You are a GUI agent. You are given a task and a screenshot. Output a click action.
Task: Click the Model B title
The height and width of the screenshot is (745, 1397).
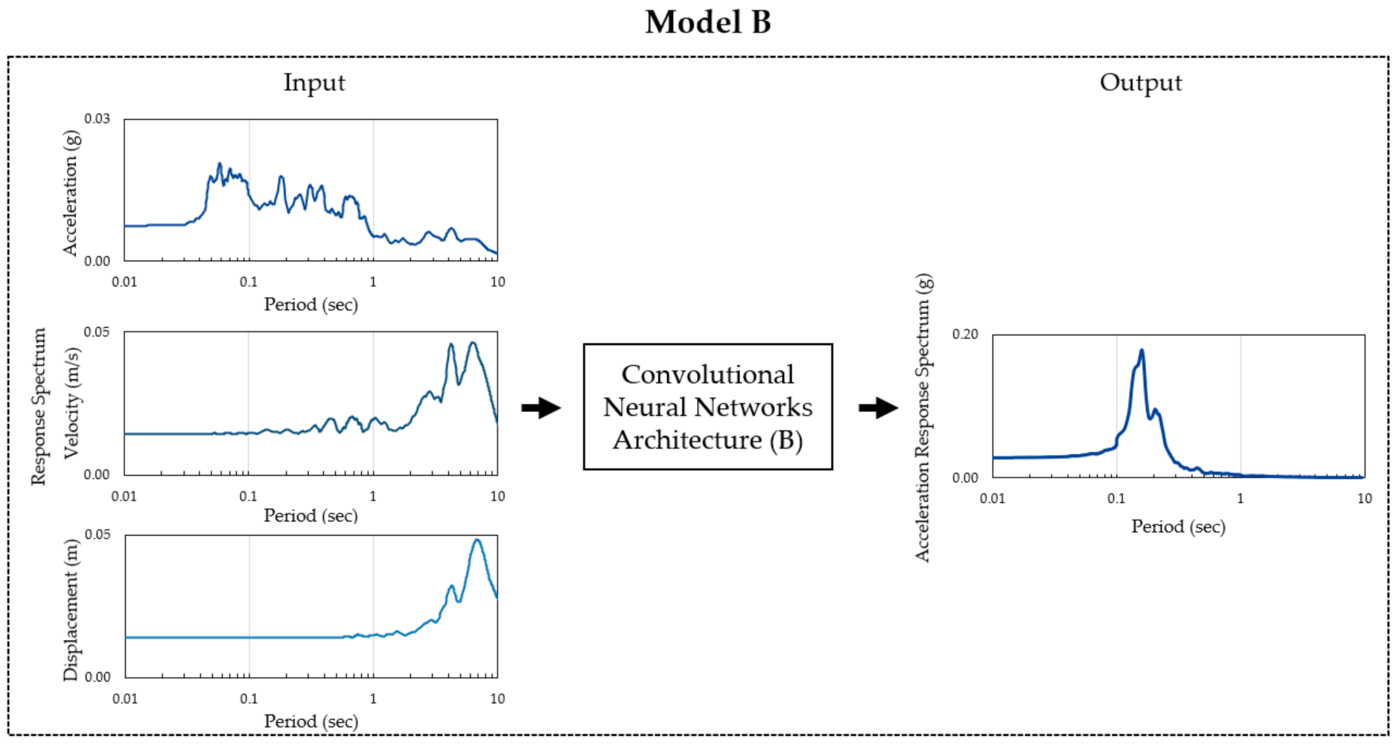coord(707,22)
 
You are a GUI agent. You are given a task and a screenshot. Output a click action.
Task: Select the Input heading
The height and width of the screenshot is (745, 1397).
coord(314,83)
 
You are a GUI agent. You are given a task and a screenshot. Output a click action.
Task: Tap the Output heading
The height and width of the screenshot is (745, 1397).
coord(1140,83)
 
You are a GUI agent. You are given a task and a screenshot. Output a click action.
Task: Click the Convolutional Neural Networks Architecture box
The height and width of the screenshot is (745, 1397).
coord(707,407)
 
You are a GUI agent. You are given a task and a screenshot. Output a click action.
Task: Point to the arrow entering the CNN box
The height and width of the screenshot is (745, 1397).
coord(541,408)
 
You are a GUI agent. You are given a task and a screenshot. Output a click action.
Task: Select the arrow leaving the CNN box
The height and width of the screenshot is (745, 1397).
coord(878,408)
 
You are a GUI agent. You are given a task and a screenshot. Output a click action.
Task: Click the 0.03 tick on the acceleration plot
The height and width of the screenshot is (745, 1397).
coord(97,119)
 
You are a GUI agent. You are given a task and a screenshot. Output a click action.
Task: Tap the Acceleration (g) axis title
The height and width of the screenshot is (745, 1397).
coord(70,193)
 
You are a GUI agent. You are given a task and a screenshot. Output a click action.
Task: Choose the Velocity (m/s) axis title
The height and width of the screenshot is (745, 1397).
coord(71,403)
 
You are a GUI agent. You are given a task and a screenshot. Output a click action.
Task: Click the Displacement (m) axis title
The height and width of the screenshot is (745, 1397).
coord(70,609)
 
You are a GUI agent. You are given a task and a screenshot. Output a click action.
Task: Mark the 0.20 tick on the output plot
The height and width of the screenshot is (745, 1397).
coord(964,335)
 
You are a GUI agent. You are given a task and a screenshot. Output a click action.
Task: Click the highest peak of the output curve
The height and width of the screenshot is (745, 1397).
coord(1141,350)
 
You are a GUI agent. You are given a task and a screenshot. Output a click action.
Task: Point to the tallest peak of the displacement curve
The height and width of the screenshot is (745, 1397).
coord(477,539)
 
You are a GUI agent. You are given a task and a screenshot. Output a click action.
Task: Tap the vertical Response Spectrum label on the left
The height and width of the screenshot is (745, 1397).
coord(39,407)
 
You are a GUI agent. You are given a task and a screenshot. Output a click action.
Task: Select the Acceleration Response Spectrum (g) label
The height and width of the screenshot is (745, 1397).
coord(923,417)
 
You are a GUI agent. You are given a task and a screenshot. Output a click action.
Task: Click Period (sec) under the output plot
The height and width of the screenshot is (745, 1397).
coord(1178,527)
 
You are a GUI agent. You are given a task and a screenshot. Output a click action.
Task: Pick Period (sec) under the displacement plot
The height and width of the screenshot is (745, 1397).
coord(311,721)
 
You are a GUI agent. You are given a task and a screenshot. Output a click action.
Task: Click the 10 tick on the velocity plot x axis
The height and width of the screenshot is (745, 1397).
coord(497,496)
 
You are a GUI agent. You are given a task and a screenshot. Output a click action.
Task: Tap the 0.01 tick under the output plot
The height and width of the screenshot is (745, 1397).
coord(993,498)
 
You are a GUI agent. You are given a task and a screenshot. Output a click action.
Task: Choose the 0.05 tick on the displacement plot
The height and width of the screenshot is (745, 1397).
coord(98,535)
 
